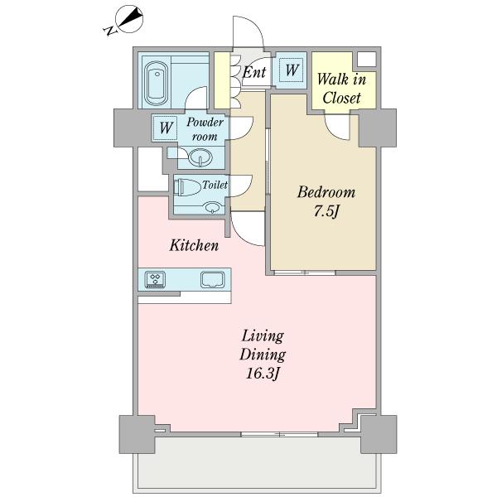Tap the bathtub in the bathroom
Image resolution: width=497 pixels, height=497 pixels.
157,84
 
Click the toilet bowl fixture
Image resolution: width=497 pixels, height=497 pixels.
188,187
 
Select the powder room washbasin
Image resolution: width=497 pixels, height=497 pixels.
200,157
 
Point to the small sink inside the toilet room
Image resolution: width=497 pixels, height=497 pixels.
212,208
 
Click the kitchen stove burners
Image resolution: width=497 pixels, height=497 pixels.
155,280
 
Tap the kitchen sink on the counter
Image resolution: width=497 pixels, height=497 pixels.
213,280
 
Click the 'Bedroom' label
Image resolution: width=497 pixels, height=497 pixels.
326,192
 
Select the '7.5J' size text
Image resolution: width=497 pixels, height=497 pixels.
326,211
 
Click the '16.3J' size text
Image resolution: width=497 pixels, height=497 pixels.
263,374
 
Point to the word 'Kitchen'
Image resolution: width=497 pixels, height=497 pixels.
194,245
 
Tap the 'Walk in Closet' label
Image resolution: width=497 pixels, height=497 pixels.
341,89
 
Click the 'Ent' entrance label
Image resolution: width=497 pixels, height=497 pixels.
254,72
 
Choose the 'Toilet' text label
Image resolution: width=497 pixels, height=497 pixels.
215,185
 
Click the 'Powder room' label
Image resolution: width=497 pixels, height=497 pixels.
205,129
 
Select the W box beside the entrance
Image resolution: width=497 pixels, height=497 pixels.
292,70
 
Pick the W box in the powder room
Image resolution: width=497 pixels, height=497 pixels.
166,128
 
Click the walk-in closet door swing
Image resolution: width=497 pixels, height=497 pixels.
338,127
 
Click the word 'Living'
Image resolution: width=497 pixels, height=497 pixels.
263,336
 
